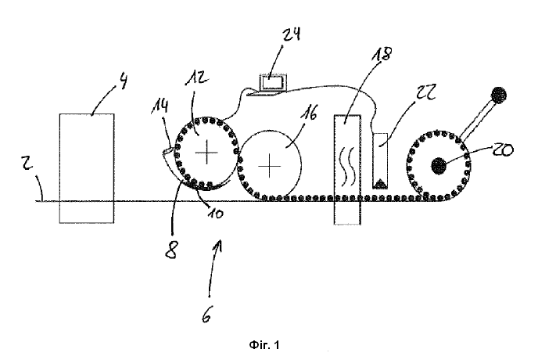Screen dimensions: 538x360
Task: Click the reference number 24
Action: tap(291, 34)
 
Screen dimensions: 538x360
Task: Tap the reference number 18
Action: tap(382, 54)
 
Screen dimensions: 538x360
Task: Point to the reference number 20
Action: tap(503, 149)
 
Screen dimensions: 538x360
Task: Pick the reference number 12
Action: tap(196, 77)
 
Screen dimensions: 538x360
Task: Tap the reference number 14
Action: tap(160, 106)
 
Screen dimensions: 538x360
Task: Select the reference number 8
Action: tap(171, 250)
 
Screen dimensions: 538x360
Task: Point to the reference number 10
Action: tap(215, 214)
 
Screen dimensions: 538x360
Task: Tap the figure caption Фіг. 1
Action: tap(264, 344)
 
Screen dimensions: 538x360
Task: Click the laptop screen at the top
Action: tap(272, 83)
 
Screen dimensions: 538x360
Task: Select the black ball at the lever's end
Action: tap(499, 95)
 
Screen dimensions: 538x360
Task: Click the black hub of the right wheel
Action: tap(439, 166)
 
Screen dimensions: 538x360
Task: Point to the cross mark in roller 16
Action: tap(269, 166)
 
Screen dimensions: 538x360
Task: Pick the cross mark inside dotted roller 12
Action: tap(206, 152)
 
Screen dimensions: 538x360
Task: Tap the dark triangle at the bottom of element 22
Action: tap(380, 183)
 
